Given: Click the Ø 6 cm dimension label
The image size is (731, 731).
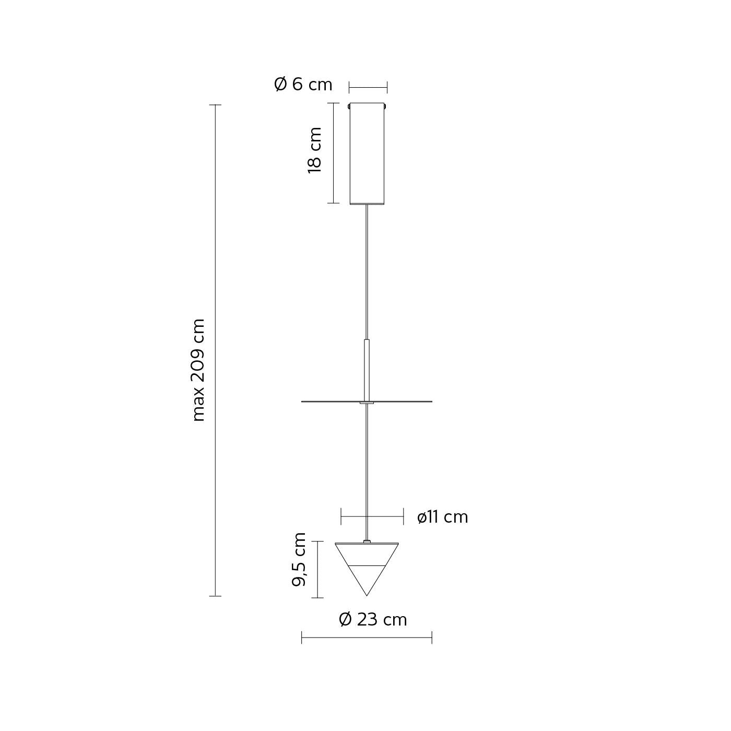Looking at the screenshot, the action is (303, 85).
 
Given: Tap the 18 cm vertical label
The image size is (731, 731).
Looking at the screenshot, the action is (315, 150).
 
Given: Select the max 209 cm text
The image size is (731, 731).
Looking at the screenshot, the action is (199, 370).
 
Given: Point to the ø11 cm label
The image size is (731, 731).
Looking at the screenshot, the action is (442, 517).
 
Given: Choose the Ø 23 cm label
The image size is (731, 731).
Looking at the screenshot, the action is (373, 619).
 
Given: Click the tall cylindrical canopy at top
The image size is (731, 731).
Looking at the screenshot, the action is (367, 154).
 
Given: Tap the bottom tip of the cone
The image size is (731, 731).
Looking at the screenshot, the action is (367, 596).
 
